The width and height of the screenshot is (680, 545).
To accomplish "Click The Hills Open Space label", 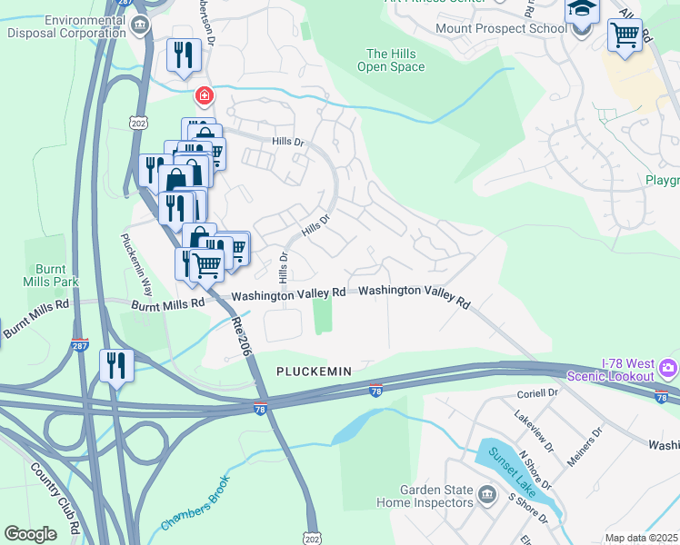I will coord(391,61).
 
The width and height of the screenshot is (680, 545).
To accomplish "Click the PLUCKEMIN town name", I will coord(313,372).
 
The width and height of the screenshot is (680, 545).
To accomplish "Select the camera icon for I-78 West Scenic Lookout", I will coord(669,368).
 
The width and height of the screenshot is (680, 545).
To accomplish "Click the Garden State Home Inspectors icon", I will coord(487,495).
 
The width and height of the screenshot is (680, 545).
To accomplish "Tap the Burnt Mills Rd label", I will coord(167,305).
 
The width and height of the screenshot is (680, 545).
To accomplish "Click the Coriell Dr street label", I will coord(536,393).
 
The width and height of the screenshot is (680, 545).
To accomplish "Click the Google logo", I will coord(31,534).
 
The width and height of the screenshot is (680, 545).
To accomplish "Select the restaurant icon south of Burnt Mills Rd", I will coord(116,365).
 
